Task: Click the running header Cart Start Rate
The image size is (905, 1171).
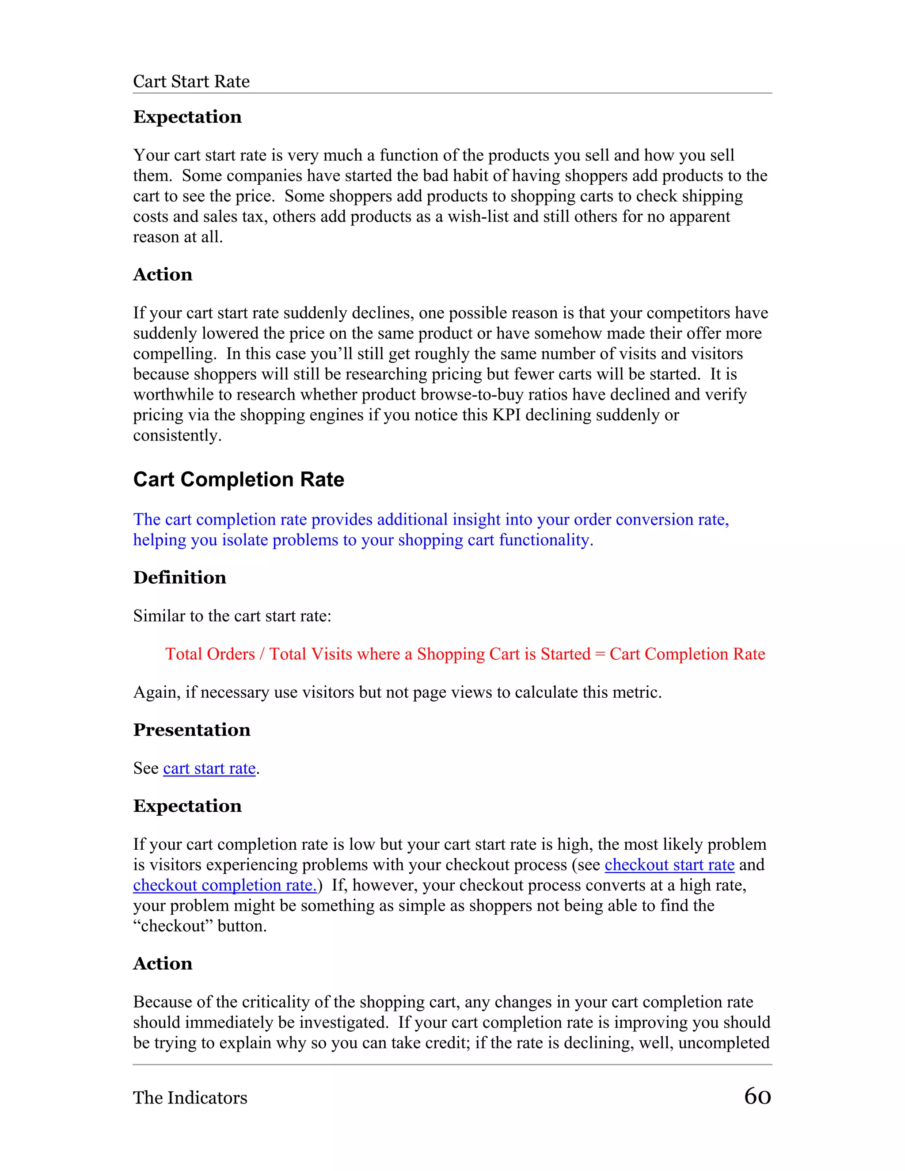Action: click(x=191, y=81)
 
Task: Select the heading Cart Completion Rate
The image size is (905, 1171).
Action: click(x=239, y=479)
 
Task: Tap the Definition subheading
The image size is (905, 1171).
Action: click(x=179, y=578)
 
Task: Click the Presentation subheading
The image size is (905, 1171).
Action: click(x=191, y=730)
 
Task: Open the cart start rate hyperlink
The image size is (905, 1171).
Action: click(x=209, y=768)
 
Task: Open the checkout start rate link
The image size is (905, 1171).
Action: click(x=669, y=865)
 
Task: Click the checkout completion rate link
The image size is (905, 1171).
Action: click(x=224, y=885)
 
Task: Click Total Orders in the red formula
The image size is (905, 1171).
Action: click(x=209, y=654)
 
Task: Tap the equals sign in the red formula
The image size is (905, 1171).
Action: click(x=599, y=654)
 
